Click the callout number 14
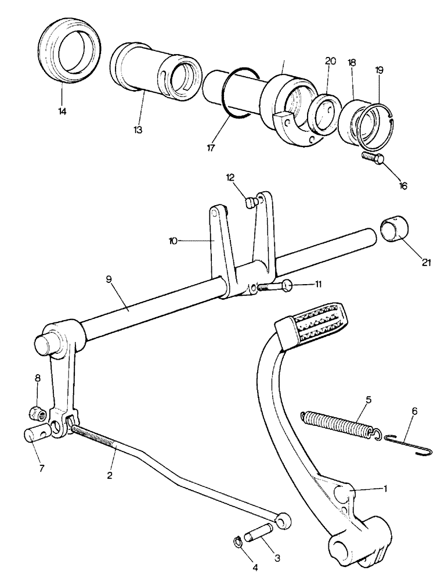tap(62, 110)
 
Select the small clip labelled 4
tap(237, 542)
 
